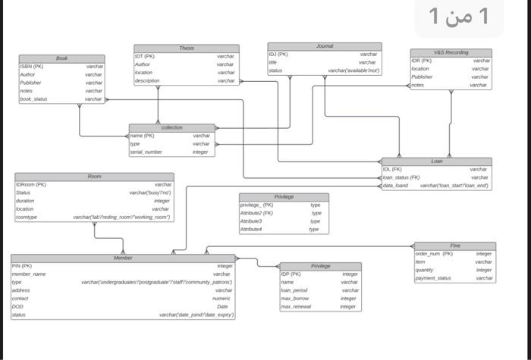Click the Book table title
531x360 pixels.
pos(61,58)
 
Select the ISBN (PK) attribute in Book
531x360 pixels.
pos(32,67)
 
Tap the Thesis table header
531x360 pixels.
pos(186,49)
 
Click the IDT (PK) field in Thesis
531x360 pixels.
pos(145,56)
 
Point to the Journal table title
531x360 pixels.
pos(324,46)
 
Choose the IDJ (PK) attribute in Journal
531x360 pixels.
pos(278,55)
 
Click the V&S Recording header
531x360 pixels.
pos(451,52)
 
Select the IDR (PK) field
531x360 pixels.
pos(422,61)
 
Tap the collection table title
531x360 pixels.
pos(172,127)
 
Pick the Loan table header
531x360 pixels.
pos(437,161)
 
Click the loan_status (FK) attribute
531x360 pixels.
pos(401,177)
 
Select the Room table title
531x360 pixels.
pos(94,176)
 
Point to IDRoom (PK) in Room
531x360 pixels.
pos(31,184)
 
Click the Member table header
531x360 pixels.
pos(123,258)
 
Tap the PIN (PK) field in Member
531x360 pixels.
pos(21,266)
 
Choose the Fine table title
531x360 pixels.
pos(455,246)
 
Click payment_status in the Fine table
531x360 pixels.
pos(433,278)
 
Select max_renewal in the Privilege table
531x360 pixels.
pos(296,306)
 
